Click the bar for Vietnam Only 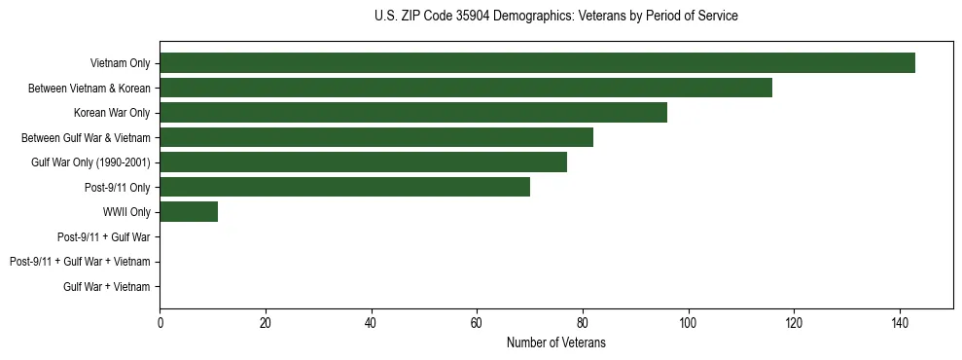(x=537, y=63)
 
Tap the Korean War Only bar (x=413, y=113)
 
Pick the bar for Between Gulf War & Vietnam (x=376, y=137)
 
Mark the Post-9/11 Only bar (x=344, y=187)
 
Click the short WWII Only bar (x=189, y=212)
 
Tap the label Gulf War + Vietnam (x=107, y=287)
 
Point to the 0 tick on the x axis (x=160, y=323)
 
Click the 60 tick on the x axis (x=477, y=323)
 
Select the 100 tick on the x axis (x=688, y=323)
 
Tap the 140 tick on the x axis (x=899, y=323)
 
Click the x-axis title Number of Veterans (x=555, y=342)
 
